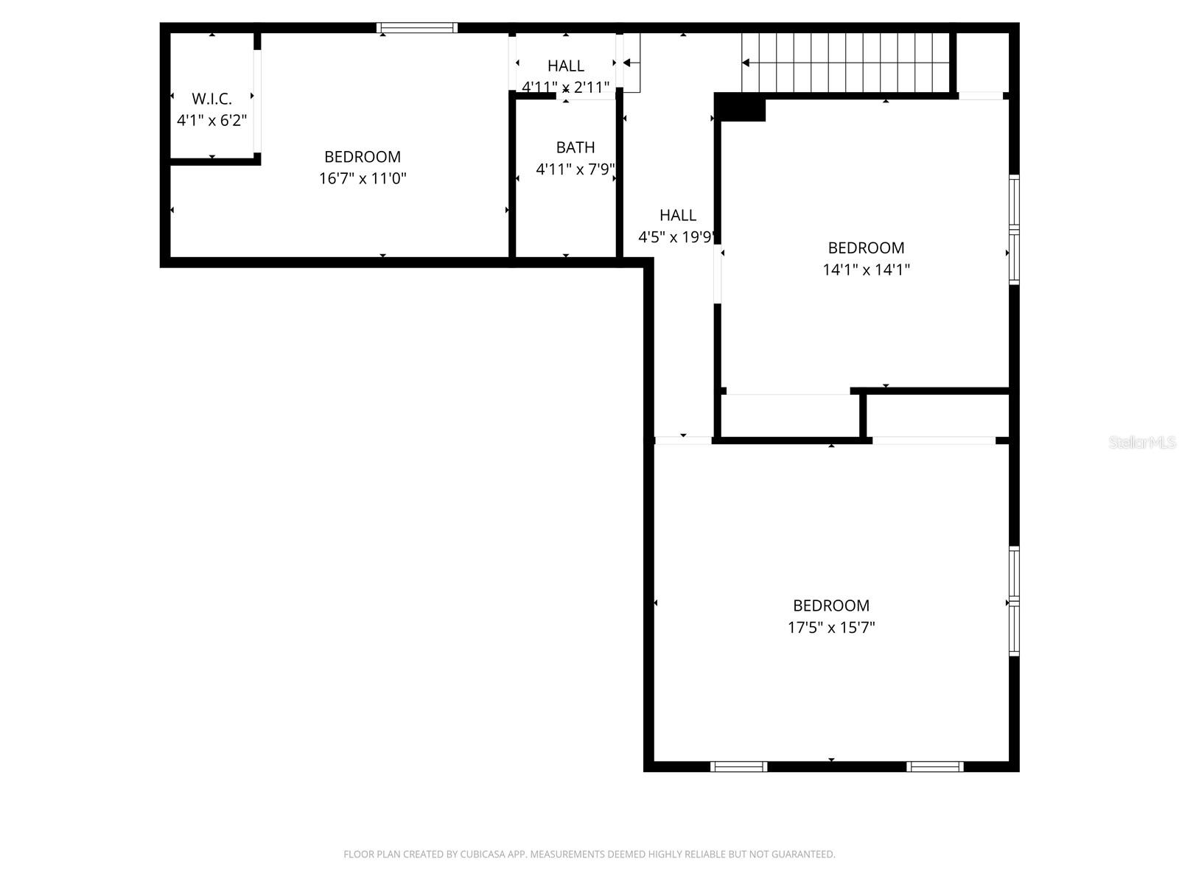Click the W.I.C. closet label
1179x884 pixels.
click(211, 99)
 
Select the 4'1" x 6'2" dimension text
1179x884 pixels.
click(211, 120)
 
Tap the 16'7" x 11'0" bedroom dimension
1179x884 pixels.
click(363, 178)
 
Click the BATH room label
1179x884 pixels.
click(575, 147)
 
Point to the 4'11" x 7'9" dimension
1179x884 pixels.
click(575, 169)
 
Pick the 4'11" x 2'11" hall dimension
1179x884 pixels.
click(566, 88)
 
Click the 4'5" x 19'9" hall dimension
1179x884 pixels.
click(676, 237)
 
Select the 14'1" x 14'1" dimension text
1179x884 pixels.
click(866, 270)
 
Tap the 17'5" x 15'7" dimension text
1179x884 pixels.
click(831, 628)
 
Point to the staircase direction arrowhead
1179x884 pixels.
click(746, 63)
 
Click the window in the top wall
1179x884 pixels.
click(417, 28)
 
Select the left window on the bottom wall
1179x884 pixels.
click(738, 767)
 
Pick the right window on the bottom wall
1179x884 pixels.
click(934, 767)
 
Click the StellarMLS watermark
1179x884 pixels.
click(1142, 443)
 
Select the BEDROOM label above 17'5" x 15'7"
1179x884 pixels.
click(831, 606)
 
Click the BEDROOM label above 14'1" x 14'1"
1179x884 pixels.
click(866, 248)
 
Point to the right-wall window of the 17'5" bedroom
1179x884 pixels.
click(1014, 601)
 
